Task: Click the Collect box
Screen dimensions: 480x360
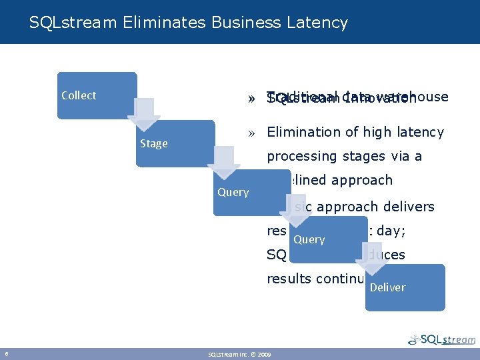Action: point(96,95)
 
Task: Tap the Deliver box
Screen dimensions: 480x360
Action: point(405,287)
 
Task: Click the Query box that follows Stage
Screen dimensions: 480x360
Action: point(252,192)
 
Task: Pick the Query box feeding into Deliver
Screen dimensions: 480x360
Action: point(328,239)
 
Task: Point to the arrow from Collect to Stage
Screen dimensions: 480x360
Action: point(144,115)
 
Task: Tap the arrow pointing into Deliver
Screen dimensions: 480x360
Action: point(375,257)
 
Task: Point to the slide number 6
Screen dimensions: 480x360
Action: point(6,353)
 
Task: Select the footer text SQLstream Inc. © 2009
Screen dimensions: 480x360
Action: point(239,353)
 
